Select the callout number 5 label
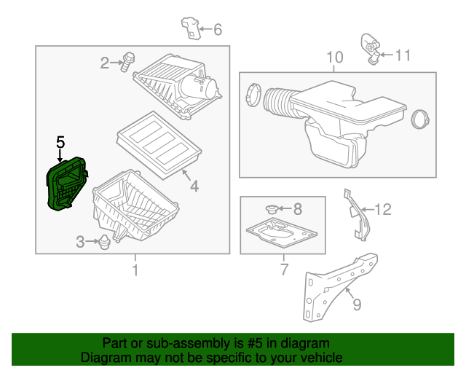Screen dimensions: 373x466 (x=60, y=142)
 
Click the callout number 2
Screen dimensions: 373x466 (x=105, y=63)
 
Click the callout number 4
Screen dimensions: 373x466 (x=194, y=186)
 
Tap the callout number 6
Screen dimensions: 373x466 (x=217, y=30)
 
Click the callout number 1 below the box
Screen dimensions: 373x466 (x=134, y=271)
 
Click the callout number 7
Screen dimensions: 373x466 (x=285, y=271)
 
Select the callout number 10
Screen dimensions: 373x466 (x=333, y=57)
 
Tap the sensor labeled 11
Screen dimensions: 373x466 (x=370, y=47)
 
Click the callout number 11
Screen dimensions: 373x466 (x=403, y=54)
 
